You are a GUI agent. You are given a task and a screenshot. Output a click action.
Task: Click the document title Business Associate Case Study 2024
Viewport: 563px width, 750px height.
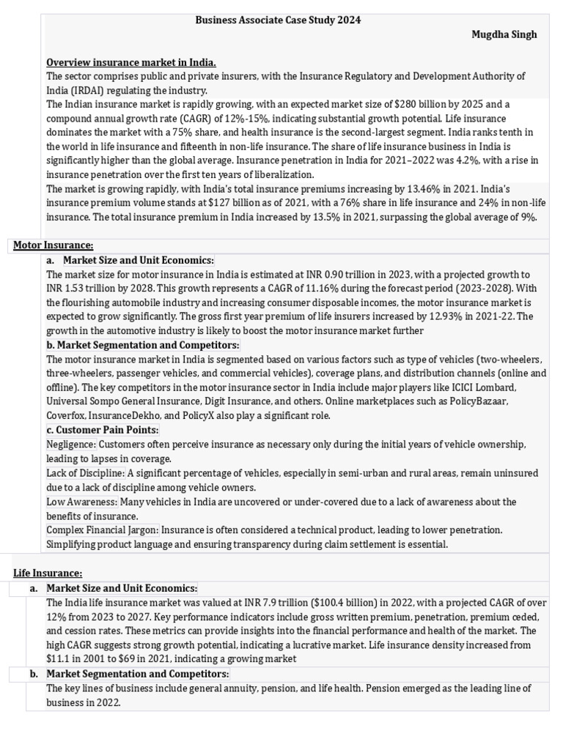click(x=278, y=21)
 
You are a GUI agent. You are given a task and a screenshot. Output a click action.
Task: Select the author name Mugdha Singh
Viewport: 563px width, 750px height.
click(x=504, y=34)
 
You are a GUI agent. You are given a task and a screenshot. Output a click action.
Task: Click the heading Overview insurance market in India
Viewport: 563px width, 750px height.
click(x=131, y=62)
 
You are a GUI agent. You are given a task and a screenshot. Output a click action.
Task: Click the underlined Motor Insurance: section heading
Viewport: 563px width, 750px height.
click(x=54, y=245)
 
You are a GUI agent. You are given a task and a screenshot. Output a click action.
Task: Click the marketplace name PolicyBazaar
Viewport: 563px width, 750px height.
click(x=478, y=401)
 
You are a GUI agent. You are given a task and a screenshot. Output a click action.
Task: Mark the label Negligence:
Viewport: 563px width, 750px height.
click(x=71, y=445)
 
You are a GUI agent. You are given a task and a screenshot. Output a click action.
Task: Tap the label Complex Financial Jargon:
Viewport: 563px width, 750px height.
click(x=103, y=530)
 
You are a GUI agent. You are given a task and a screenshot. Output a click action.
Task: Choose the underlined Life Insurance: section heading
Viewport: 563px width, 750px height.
click(x=48, y=573)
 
